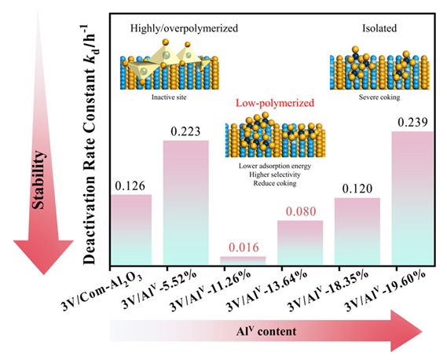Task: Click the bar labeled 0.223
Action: tap(185, 203)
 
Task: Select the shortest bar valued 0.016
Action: tap(243, 261)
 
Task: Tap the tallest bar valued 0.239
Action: tap(412, 198)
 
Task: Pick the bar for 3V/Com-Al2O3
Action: tap(131, 230)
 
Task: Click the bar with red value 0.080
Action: tap(300, 243)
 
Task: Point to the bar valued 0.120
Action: tap(357, 231)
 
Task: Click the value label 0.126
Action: tap(130, 186)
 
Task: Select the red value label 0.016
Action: tap(244, 248)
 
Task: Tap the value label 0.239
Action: tap(412, 123)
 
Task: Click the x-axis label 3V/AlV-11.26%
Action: tap(211, 291)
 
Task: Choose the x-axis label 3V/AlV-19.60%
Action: tap(386, 291)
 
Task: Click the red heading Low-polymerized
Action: tap(275, 103)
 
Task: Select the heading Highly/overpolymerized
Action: tap(184, 28)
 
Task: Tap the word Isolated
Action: tap(379, 28)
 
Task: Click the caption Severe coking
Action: tap(379, 97)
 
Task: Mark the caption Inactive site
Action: tap(169, 97)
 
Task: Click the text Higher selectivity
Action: tap(275, 174)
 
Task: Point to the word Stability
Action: tap(38, 180)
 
